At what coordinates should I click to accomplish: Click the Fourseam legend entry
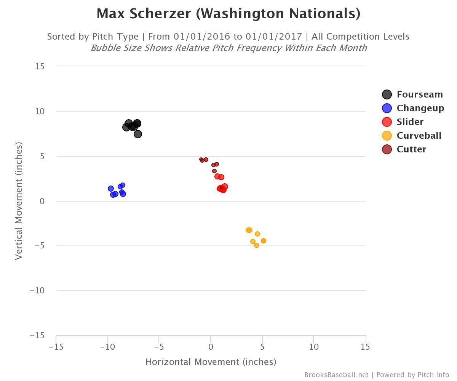419,94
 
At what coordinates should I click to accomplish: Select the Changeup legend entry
420,108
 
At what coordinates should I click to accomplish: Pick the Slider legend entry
410,122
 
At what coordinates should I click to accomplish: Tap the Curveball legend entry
419,136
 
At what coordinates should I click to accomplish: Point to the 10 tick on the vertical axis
40,112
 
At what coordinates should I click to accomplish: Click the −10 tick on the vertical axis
37,291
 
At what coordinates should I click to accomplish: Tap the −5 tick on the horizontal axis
159,347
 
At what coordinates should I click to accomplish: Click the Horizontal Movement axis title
211,362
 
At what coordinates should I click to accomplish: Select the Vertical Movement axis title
19,201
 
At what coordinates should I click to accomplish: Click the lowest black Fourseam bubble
138,134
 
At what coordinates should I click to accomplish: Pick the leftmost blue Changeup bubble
111,189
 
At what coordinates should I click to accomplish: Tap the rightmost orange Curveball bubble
264,241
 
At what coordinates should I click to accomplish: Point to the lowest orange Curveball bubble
257,245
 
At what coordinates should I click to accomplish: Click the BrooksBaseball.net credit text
336,375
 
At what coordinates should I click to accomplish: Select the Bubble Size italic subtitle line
228,48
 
